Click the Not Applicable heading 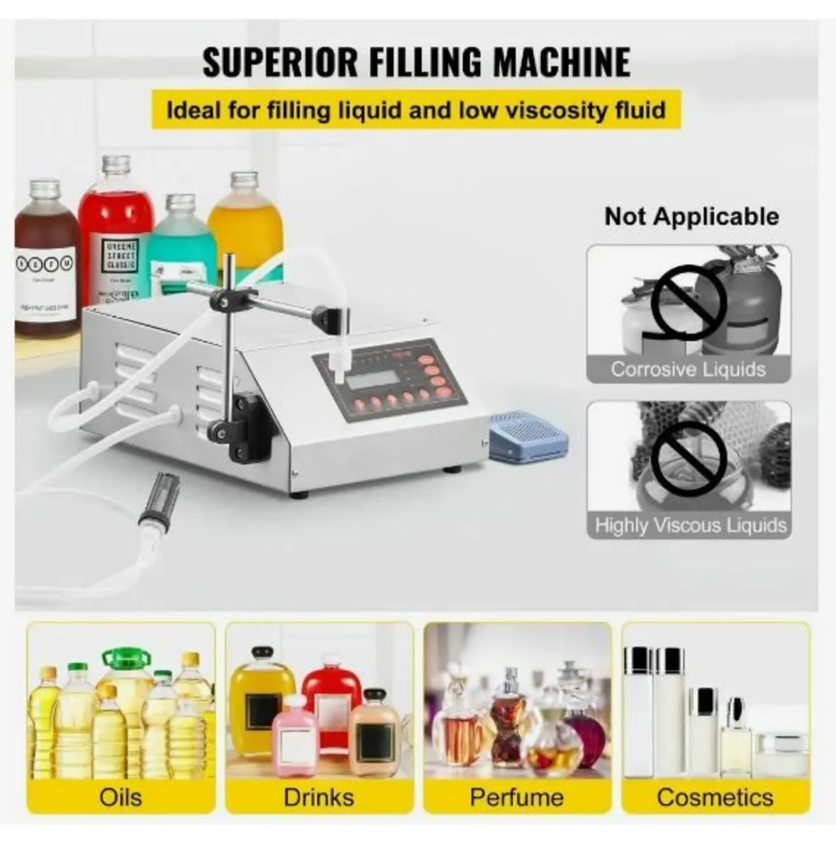point(691,216)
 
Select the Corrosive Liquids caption point(688,369)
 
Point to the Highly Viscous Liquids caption point(690,525)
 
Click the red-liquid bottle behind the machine point(116,227)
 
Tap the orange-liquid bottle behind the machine point(245,234)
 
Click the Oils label point(121,796)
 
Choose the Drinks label point(318,796)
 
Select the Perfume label point(516,796)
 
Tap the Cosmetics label point(715,796)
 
